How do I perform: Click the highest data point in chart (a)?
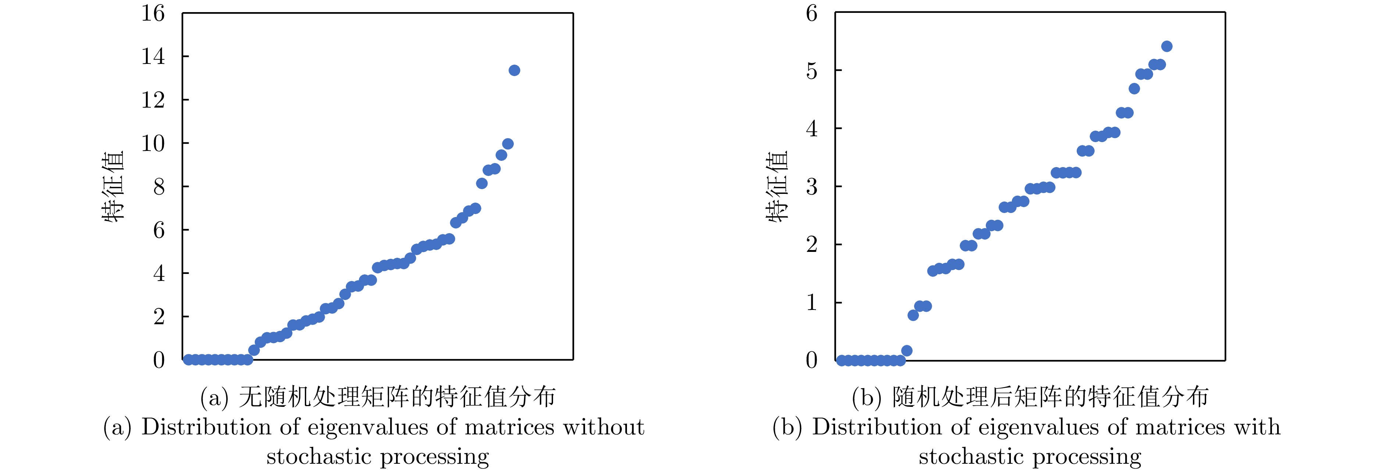[x=514, y=70]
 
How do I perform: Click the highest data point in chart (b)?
[x=1166, y=46]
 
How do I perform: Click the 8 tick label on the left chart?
[x=158, y=187]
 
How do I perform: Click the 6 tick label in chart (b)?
[x=812, y=14]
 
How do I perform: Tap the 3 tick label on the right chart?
[x=812, y=187]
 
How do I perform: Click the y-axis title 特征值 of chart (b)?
[x=777, y=186]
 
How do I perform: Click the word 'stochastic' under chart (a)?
[x=318, y=456]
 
